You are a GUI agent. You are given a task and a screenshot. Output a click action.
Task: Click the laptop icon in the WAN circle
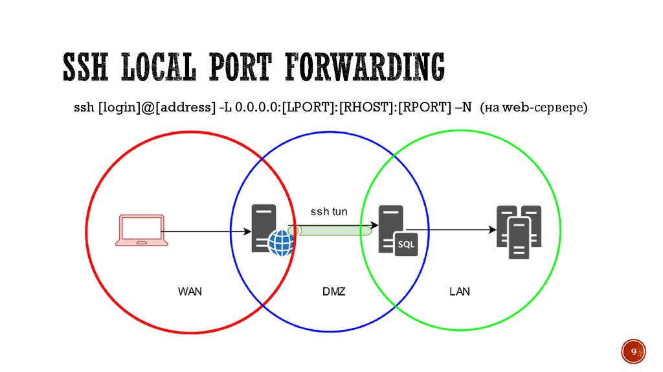141,229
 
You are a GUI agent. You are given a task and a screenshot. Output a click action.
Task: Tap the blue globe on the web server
281,242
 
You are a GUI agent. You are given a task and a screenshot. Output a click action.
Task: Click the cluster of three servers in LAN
519,231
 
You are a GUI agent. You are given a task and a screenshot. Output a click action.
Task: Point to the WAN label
190,292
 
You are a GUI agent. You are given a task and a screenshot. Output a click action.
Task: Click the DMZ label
333,292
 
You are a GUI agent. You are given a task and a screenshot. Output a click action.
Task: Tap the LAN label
460,292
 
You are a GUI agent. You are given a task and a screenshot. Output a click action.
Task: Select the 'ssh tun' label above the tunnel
329,211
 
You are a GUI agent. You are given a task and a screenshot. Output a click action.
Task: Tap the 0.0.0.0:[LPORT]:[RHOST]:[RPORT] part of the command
339,108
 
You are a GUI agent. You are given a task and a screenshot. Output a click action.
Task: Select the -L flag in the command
224,108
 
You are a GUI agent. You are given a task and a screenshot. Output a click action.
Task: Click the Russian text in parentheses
534,108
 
